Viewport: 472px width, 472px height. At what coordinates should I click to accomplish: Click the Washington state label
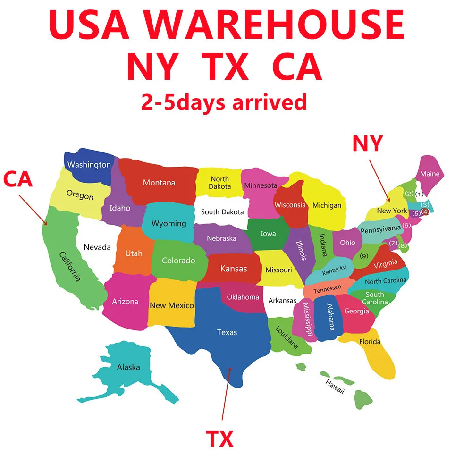[89, 165]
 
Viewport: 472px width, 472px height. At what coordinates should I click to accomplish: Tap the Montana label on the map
[159, 183]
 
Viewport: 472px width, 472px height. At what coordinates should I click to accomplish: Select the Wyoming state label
[169, 223]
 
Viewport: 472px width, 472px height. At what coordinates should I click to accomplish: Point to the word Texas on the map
[227, 332]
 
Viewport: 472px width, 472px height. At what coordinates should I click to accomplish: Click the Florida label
[370, 342]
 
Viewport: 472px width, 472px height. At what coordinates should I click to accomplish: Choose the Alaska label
[128, 367]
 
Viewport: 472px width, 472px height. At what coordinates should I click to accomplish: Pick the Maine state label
[430, 174]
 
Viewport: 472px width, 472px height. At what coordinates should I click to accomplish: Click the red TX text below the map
[219, 439]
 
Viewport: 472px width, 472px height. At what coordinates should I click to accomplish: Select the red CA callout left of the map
[18, 180]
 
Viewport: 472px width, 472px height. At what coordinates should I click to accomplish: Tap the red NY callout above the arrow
[367, 143]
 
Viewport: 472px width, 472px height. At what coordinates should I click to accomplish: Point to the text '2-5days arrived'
[224, 101]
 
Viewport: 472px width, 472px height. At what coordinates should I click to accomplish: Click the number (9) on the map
[363, 256]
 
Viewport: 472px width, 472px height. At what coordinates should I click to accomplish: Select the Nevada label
[97, 247]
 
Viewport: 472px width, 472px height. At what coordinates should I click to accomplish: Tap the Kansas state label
[234, 269]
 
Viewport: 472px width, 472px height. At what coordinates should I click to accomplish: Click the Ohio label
[348, 242]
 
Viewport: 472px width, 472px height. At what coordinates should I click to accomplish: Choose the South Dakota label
[222, 212]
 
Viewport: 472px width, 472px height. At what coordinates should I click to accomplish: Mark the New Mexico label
[172, 305]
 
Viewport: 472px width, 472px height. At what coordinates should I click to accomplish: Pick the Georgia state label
[356, 311]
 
